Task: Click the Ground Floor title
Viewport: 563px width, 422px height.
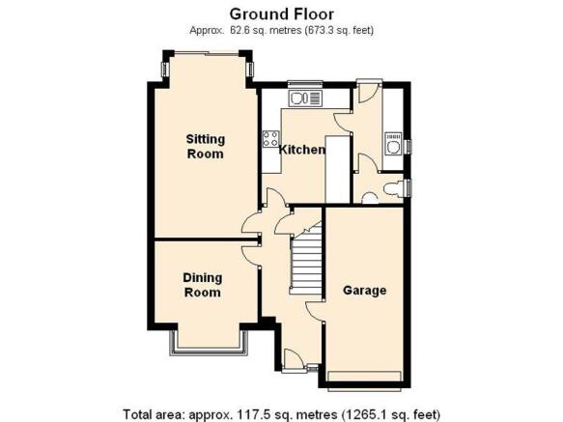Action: (x=282, y=14)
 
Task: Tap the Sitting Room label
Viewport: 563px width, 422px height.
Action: (x=206, y=146)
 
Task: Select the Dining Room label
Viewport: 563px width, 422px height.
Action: (x=203, y=285)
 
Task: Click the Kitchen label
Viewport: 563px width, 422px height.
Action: (x=302, y=150)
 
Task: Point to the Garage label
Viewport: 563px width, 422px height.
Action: (x=364, y=291)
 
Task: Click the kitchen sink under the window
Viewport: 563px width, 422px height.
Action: (x=305, y=98)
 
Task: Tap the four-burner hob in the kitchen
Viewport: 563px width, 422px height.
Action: (x=270, y=138)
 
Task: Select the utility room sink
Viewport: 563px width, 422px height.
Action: (x=392, y=144)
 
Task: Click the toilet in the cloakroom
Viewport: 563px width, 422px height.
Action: (x=393, y=188)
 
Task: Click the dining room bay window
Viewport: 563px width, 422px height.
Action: (x=209, y=343)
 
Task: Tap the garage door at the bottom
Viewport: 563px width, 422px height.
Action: (x=364, y=377)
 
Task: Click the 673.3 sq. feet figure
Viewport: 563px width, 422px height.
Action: (x=339, y=31)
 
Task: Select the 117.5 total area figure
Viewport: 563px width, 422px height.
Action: (x=250, y=414)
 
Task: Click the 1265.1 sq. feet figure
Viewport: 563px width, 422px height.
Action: (x=391, y=414)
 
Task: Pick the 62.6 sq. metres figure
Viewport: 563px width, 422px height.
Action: (x=266, y=31)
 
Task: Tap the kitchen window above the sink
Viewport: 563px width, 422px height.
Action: (x=305, y=84)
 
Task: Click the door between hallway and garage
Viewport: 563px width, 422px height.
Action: (x=316, y=311)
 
